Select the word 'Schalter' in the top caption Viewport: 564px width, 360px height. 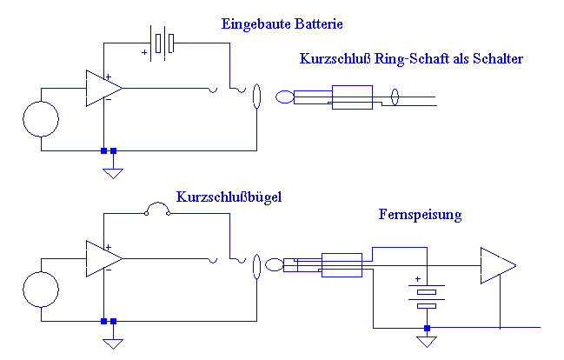(495, 59)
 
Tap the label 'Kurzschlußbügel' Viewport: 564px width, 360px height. (229, 197)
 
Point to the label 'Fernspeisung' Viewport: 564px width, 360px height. (421, 214)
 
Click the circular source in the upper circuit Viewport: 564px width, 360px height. (41, 119)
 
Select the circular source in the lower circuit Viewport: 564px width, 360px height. (41, 290)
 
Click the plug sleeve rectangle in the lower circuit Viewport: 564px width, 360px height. (342, 265)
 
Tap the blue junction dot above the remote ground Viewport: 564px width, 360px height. (426, 328)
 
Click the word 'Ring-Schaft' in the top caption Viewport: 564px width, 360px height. (406, 59)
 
